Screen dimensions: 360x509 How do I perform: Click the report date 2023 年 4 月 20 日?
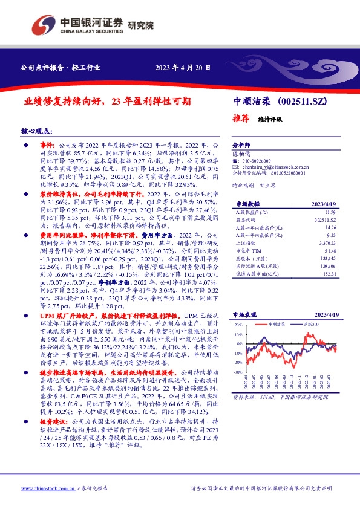pos(183,68)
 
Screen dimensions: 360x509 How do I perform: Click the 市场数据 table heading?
pos(246,204)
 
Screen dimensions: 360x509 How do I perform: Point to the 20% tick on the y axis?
pos(238,326)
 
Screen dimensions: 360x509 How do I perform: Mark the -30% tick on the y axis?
pos(238,372)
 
